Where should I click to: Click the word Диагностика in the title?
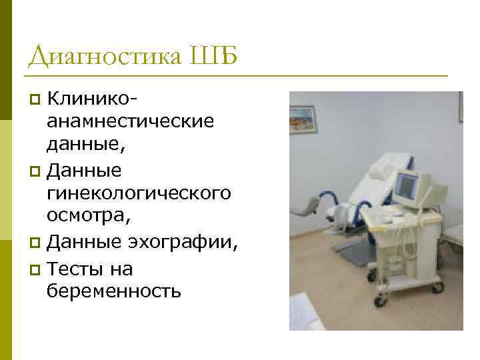104,56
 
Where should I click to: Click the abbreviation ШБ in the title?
214,56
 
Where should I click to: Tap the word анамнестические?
130,121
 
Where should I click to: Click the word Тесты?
81,269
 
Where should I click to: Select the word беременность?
113,290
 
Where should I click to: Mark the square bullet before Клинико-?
37,101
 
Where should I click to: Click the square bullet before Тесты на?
37,269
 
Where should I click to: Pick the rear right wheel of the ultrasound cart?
438,287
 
